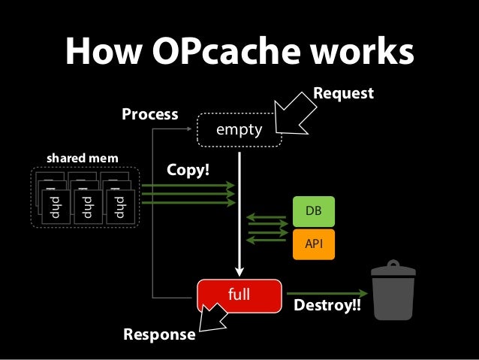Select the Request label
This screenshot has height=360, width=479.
pyautogui.click(x=343, y=93)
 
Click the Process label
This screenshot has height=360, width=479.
pyautogui.click(x=150, y=115)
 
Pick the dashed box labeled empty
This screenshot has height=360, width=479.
pyautogui.click(x=239, y=130)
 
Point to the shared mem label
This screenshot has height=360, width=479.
pyautogui.click(x=77, y=159)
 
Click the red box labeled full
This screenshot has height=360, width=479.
pyautogui.click(x=239, y=294)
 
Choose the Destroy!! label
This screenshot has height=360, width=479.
pyautogui.click(x=326, y=308)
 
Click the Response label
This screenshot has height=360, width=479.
pyautogui.click(x=158, y=334)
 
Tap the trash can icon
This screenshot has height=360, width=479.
pyautogui.click(x=393, y=294)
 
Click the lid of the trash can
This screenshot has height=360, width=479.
pyautogui.click(x=393, y=266)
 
